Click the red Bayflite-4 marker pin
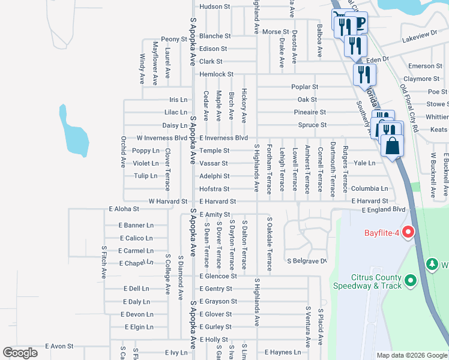pos(409,232)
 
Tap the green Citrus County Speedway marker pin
pos(411,280)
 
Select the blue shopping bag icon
pos(392,146)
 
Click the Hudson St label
pos(214,7)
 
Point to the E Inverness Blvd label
pos(223,138)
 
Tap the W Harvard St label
pos(167,202)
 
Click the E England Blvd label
pos(384,209)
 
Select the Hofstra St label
pos(214,189)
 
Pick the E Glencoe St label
pos(218,276)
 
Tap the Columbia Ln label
pos(370,188)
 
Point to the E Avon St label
pos(59,346)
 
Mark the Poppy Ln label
pos(145,151)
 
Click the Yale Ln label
pos(364,163)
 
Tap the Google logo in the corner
pos(20,353)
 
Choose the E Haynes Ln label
pos(282,352)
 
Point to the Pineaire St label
pos(310,112)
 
